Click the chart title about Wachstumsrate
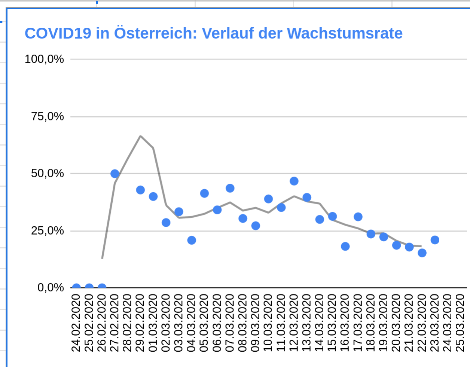pyautogui.click(x=213, y=33)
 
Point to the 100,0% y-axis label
pyautogui.click(x=44, y=59)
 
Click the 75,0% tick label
pyautogui.click(x=48, y=116)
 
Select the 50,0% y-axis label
pyautogui.click(x=48, y=173)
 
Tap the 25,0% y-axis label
pyautogui.click(x=48, y=230)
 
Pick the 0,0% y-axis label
pyautogui.click(x=51, y=287)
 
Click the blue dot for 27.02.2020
pyautogui.click(x=115, y=174)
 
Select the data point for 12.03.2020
pyautogui.click(x=294, y=181)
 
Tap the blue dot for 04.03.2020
pyautogui.click(x=192, y=240)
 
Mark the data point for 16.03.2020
pyautogui.click(x=345, y=246)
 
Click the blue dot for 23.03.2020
pyautogui.click(x=435, y=240)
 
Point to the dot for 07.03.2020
pyautogui.click(x=230, y=188)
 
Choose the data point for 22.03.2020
pyautogui.click(x=422, y=253)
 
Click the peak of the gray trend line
pyautogui.click(x=140, y=136)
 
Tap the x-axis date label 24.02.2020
pyautogui.click(x=76, y=323)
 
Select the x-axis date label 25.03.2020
pyautogui.click(x=460, y=323)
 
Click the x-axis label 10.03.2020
pyautogui.click(x=268, y=323)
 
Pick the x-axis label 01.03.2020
pyautogui.click(x=153, y=323)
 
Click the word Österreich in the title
pyautogui.click(x=155, y=33)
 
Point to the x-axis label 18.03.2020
pyautogui.click(x=370, y=323)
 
